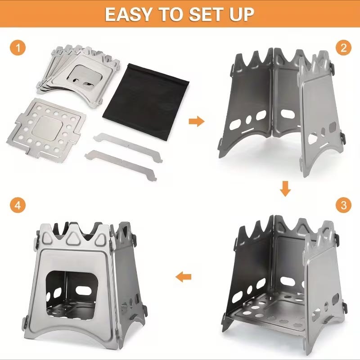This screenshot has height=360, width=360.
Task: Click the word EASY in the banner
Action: [128, 14]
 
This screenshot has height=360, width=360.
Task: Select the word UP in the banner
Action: [241, 14]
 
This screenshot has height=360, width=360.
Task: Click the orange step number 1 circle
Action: [18, 48]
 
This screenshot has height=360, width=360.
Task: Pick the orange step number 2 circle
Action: [343, 48]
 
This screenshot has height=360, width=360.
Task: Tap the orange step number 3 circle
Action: [343, 205]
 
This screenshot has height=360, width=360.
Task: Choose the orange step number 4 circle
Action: [18, 205]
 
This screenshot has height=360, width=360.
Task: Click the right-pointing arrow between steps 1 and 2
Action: [197, 121]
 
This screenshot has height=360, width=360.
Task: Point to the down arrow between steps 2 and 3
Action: [285, 189]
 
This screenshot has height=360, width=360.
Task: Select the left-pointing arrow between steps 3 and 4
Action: [183, 277]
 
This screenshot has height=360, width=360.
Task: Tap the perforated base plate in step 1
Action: [47, 129]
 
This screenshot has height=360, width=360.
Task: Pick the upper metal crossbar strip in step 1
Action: [128, 147]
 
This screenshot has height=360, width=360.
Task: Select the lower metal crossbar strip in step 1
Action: [121, 165]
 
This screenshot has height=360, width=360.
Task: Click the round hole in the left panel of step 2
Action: [249, 120]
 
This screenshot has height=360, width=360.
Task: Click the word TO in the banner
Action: [170, 14]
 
